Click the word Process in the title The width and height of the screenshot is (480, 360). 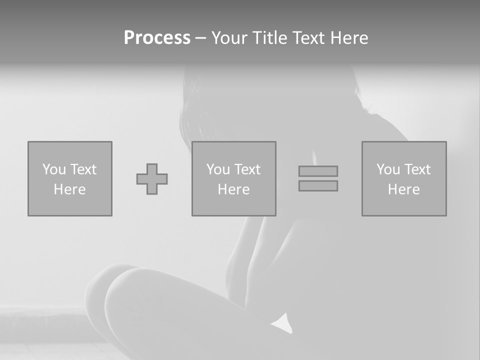[x=157, y=38]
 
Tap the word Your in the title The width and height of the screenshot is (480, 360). [x=228, y=38]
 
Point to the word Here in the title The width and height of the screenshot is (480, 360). [x=349, y=38]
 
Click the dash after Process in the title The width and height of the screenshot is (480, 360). [x=201, y=39]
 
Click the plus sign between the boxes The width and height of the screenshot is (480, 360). [x=152, y=179]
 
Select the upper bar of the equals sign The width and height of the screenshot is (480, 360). [x=318, y=171]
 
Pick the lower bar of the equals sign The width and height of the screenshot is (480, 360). [x=318, y=185]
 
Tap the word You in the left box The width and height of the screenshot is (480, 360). [x=54, y=169]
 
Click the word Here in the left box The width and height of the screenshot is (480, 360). [x=69, y=189]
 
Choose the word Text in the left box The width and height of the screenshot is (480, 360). [x=83, y=169]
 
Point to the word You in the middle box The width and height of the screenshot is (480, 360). [x=218, y=169]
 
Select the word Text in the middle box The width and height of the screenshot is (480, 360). [x=247, y=169]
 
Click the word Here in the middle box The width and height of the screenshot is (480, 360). [x=233, y=189]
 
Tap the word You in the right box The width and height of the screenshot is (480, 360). [x=388, y=169]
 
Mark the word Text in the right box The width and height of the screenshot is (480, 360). [x=417, y=169]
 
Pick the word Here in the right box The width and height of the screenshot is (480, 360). [x=403, y=189]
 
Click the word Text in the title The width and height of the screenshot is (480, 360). [x=310, y=38]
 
